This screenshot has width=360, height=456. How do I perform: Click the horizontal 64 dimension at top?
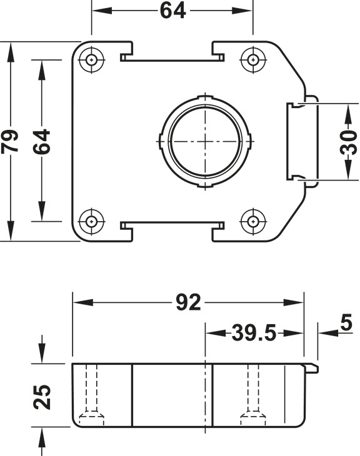[172, 11]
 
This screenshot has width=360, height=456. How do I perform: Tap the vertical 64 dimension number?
[42, 141]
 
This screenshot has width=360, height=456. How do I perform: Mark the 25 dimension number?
[42, 396]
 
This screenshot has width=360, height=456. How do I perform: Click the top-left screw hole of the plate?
[92, 60]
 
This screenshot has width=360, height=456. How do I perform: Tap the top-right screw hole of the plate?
[253, 60]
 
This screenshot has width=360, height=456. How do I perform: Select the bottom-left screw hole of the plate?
[92, 221]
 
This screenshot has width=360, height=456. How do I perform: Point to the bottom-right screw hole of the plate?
[253, 221]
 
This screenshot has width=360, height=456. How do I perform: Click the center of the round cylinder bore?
[204, 141]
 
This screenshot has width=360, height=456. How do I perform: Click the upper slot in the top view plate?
[172, 59]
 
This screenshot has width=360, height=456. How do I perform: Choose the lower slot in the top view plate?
[172, 224]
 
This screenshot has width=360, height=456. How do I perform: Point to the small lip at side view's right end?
[311, 367]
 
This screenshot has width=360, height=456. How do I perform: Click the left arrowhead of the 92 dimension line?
[77, 303]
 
